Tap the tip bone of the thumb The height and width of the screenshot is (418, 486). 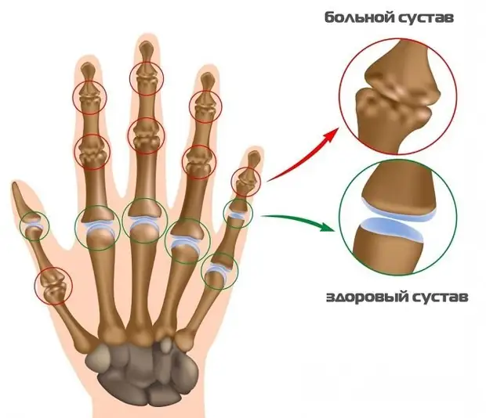pyautogui.click(x=20, y=198)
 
